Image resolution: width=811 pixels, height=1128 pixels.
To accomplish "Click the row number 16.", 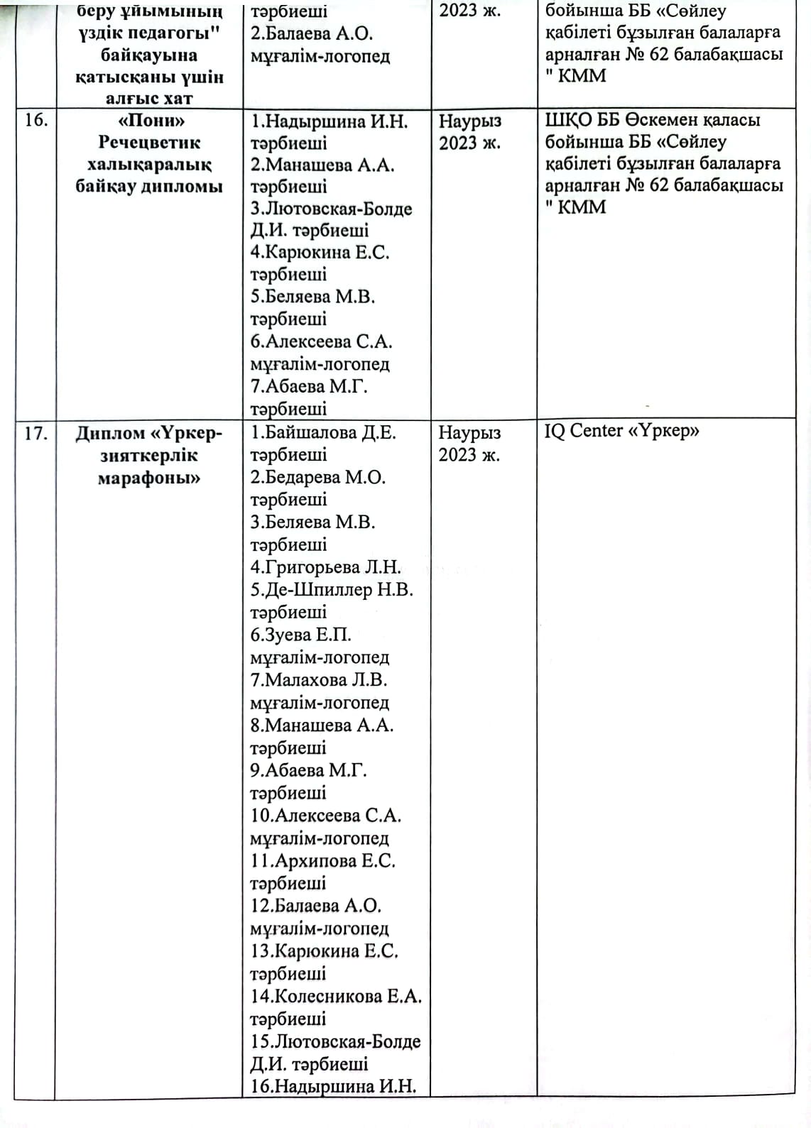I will click(36, 120).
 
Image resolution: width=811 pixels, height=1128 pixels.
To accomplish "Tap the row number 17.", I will click(36, 433).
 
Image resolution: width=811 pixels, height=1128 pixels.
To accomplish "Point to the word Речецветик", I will click(149, 142).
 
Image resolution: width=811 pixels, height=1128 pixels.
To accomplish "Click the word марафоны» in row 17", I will click(149, 478).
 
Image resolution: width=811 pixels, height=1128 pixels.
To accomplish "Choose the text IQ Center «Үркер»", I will click(621, 431).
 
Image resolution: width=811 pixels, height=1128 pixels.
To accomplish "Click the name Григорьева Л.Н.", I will click(326, 567).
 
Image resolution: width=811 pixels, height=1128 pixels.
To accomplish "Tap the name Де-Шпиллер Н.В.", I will click(332, 590).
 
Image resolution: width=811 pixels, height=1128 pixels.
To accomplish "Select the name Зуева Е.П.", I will click(301, 635).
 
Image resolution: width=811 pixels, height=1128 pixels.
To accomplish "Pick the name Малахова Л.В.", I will click(319, 680).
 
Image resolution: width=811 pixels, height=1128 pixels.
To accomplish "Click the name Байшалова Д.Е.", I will click(323, 432).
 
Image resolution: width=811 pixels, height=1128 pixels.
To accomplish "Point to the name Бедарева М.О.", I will click(318, 477).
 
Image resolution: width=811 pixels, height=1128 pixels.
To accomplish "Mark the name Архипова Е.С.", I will click(323, 860).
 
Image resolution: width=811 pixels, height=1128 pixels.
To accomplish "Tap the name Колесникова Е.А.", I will click(336, 996).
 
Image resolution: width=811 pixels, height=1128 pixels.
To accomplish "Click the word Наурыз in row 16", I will click(470, 121).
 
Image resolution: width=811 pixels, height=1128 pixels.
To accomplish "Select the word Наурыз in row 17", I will click(469, 432).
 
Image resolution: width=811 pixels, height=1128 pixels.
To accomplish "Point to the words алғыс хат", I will click(149, 99).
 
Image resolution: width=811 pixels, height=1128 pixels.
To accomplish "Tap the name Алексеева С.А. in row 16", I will click(322, 341).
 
